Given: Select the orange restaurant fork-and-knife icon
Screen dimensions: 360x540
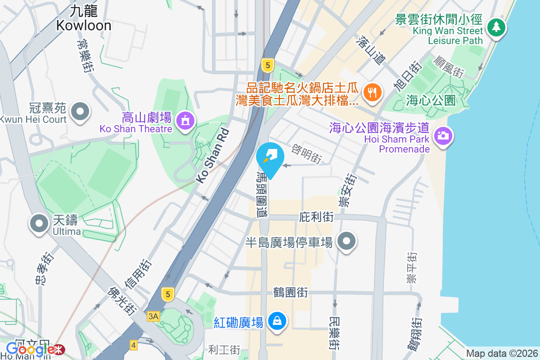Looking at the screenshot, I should pyautogui.click(x=371, y=92).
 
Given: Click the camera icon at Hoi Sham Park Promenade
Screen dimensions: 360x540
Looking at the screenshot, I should pyautogui.click(x=443, y=135).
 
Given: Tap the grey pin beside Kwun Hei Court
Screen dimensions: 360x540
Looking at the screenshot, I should pyautogui.click(x=81, y=111).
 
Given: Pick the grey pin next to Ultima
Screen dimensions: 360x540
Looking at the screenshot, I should pyautogui.click(x=39, y=223).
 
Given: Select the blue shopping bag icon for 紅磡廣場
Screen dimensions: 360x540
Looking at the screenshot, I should pyautogui.click(x=278, y=321).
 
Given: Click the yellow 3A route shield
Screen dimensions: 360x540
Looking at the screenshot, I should pyautogui.click(x=153, y=316).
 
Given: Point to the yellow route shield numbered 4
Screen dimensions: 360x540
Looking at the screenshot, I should pyautogui.click(x=133, y=345).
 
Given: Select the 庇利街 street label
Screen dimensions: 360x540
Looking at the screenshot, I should pyautogui.click(x=316, y=217).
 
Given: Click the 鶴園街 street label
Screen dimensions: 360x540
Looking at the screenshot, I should pyautogui.click(x=290, y=292).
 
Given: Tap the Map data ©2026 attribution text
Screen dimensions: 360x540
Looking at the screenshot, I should pyautogui.click(x=501, y=353).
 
